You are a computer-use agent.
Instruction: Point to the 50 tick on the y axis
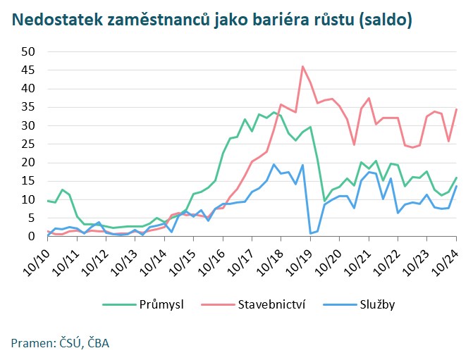coord(29,51)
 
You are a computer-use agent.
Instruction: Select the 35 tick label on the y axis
coord(29,107)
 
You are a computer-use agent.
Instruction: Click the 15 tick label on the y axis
coord(29,181)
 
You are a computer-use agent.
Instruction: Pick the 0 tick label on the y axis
coord(32,237)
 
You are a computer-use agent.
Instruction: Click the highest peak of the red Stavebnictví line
coord(302,66)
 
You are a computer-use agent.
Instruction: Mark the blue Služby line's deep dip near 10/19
coord(310,233)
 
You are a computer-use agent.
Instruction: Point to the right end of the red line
coord(457,108)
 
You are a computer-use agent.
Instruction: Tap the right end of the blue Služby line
coord(457,186)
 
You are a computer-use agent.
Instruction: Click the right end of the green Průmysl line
coord(457,178)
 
